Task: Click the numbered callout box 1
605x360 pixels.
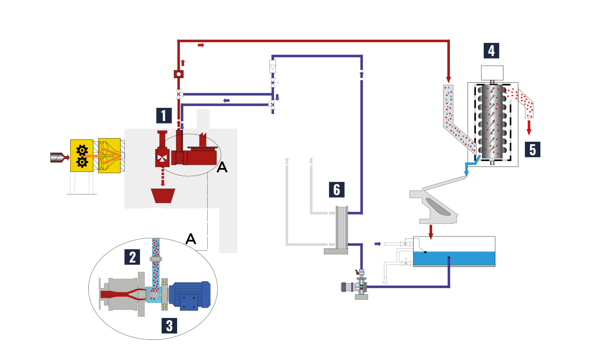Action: [164, 116]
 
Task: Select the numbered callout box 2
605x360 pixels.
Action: [132, 257]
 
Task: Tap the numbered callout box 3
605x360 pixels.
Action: [169, 325]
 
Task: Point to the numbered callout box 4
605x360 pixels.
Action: [492, 50]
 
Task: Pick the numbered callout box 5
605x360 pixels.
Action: [533, 149]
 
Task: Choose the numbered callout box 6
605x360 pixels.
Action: [337, 189]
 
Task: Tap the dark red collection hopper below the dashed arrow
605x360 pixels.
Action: [163, 195]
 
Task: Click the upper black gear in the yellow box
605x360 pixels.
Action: [82, 150]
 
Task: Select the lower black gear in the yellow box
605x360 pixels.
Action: [82, 162]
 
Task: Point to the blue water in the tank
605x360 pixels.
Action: [454, 258]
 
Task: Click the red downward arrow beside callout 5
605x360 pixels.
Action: [529, 128]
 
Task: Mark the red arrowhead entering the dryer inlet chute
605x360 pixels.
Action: [448, 80]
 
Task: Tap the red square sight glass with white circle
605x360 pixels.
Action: [178, 74]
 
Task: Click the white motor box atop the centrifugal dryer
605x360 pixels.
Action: [492, 73]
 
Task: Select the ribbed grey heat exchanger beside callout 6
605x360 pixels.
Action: [342, 227]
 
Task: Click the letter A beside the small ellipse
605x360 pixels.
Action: [222, 167]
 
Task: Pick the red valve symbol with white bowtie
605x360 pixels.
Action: [162, 158]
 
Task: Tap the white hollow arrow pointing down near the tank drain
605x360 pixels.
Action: [385, 281]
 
